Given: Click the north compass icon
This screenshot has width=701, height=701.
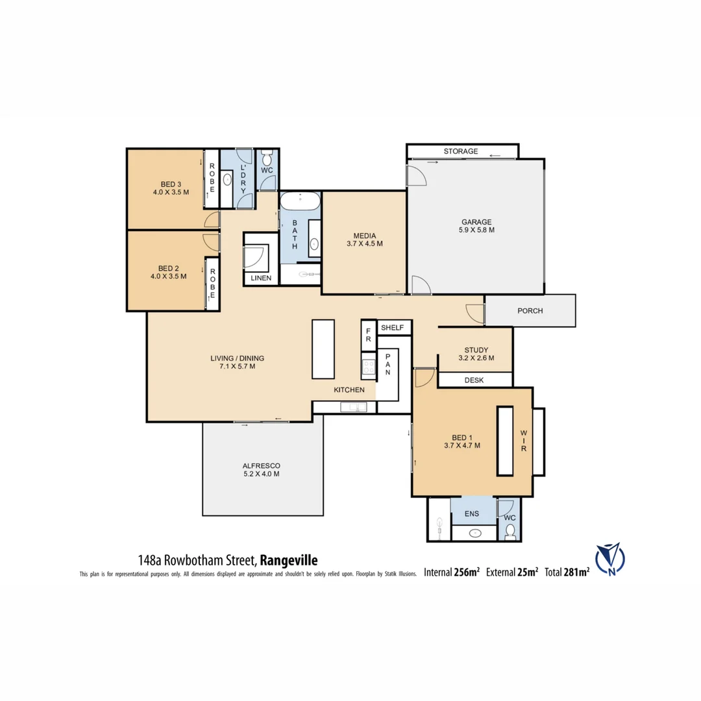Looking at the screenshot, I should [609, 559].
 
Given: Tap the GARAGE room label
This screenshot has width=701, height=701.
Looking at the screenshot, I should [477, 221].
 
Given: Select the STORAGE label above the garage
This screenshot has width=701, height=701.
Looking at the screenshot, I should [460, 151].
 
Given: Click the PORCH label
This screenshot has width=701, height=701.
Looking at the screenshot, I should [530, 311].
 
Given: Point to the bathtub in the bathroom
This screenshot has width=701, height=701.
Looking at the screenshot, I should [299, 201].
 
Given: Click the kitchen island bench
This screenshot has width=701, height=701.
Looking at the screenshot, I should [323, 349].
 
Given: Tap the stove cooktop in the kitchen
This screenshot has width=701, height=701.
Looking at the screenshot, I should [368, 369].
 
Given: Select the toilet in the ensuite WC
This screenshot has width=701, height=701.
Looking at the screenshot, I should [510, 532].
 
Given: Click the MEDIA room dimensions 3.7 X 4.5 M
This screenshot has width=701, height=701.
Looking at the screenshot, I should [364, 244].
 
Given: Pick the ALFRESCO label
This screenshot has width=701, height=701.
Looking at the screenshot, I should [262, 466].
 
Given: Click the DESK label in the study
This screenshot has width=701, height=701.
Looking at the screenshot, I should [474, 380].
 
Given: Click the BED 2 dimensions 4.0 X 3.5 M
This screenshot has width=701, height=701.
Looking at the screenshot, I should [167, 277].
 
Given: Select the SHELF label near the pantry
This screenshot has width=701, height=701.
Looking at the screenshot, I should [393, 328].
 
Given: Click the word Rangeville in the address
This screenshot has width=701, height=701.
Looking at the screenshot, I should [288, 560].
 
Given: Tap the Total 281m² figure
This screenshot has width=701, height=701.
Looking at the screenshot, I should [568, 572].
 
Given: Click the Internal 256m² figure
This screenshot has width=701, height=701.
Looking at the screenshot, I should [452, 572].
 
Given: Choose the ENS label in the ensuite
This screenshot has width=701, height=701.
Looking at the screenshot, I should [471, 514].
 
